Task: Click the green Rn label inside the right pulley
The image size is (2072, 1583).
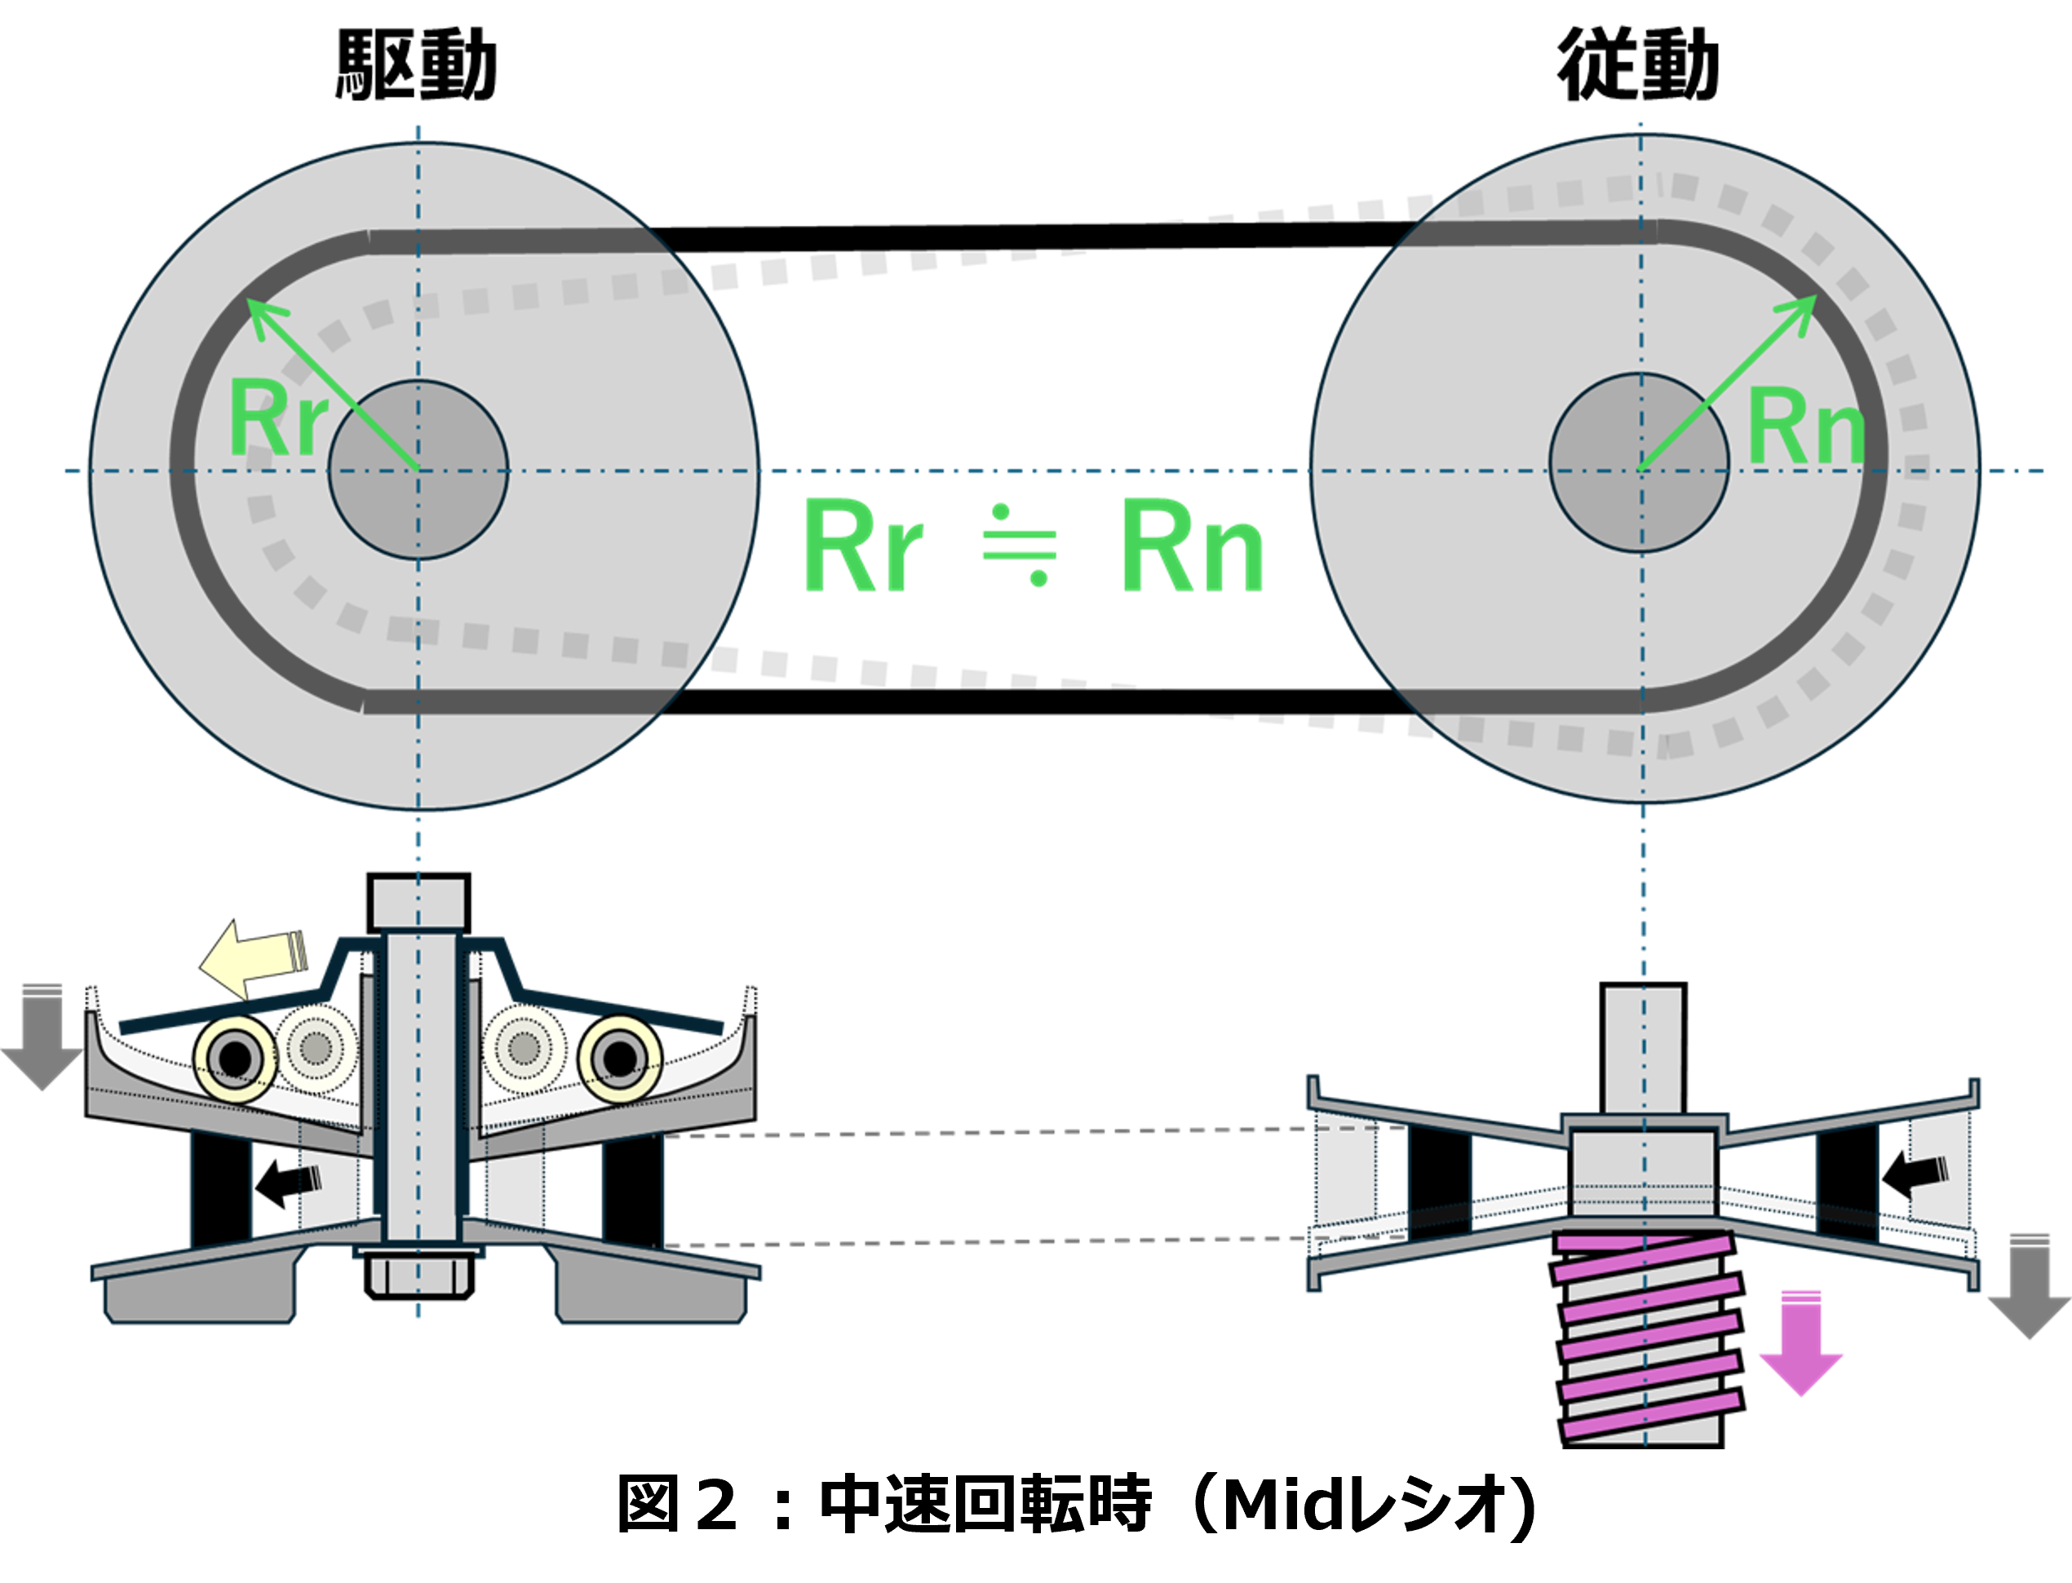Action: (1805, 429)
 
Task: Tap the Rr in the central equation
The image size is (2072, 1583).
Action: (862, 546)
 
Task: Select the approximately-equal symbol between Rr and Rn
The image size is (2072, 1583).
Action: (1020, 546)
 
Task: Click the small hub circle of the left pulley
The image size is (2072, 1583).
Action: (418, 469)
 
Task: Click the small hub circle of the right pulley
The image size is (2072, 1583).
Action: (1640, 462)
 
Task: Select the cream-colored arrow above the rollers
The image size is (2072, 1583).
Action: (253, 959)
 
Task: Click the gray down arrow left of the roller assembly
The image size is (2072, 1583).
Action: (42, 1037)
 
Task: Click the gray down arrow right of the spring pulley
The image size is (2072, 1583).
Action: (2028, 1286)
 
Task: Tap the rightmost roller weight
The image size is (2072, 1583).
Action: (620, 1057)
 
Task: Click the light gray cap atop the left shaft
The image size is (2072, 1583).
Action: (419, 903)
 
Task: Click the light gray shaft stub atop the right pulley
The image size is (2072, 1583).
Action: (1643, 1050)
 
